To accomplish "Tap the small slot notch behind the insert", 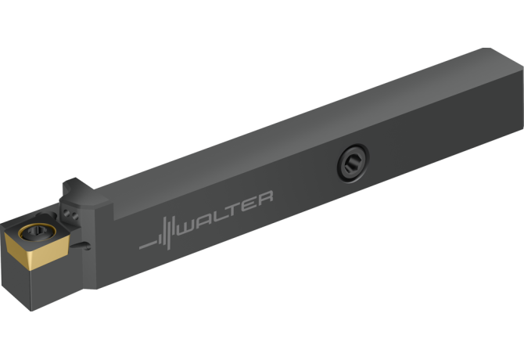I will point(84,247).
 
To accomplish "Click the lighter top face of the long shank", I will point(313,117).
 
